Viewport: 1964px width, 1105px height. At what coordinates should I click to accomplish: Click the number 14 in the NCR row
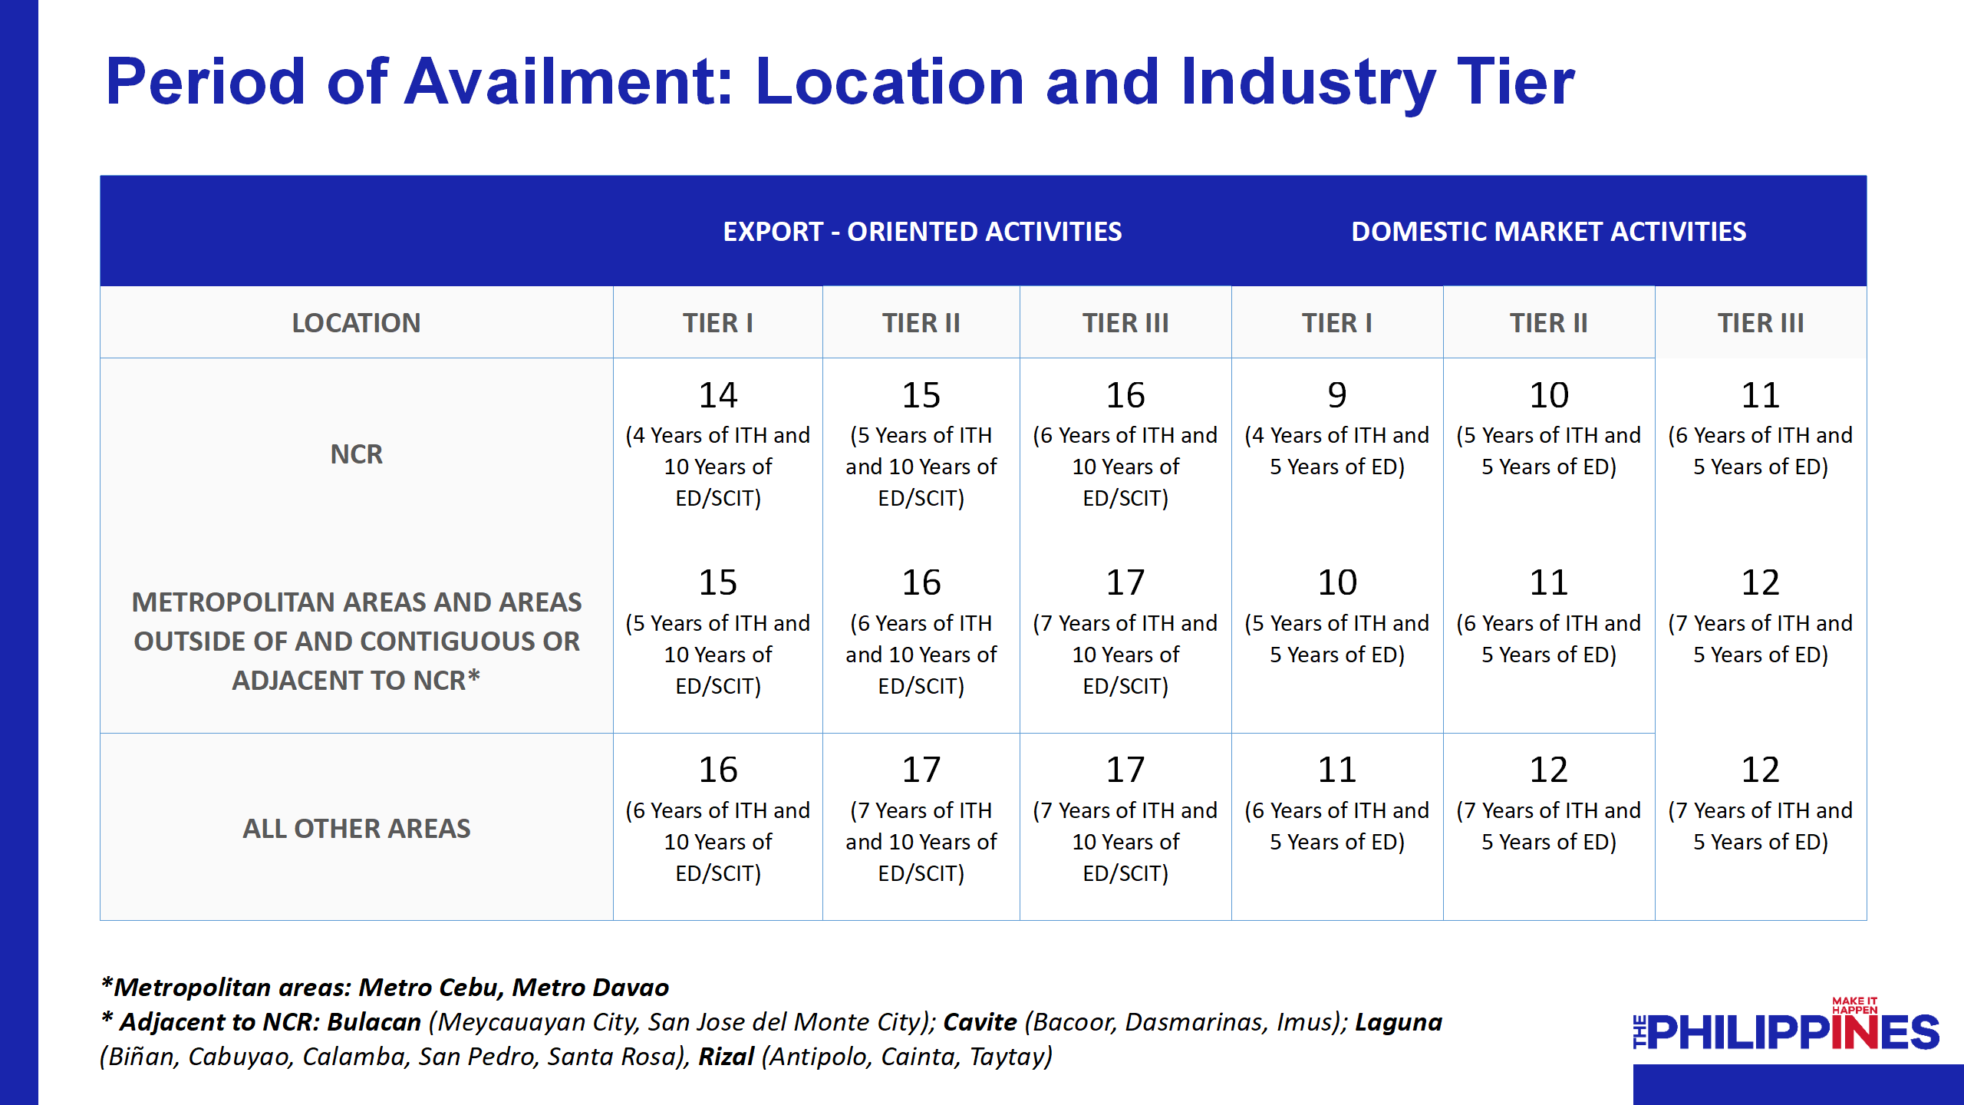[x=717, y=395]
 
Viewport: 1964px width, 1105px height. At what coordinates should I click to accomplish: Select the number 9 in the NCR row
[x=1336, y=395]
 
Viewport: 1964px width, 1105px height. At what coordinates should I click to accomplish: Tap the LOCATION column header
[x=356, y=323]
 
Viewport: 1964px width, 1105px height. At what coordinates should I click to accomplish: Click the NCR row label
[x=356, y=454]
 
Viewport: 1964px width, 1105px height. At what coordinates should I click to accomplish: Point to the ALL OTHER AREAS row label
[x=356, y=829]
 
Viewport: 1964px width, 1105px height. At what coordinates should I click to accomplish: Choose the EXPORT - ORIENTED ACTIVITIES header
[x=922, y=232]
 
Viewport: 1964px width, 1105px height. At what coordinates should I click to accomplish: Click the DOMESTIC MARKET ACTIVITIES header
[x=1548, y=232]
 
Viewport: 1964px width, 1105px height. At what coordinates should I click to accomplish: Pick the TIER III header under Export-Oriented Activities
[x=1125, y=323]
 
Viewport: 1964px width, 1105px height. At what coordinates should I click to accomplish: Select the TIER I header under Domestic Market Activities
[x=1336, y=323]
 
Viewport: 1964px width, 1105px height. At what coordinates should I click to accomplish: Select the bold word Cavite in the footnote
[x=980, y=1022]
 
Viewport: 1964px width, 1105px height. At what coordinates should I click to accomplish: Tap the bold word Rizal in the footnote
[x=726, y=1057]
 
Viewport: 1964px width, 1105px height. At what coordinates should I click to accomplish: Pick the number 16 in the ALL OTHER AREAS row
[x=717, y=770]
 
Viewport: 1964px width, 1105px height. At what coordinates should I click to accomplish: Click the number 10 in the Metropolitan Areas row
[x=1336, y=582]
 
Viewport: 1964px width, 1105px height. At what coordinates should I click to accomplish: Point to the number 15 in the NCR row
[x=921, y=395]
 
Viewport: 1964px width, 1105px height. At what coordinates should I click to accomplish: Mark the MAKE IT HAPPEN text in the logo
[x=1854, y=1005]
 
